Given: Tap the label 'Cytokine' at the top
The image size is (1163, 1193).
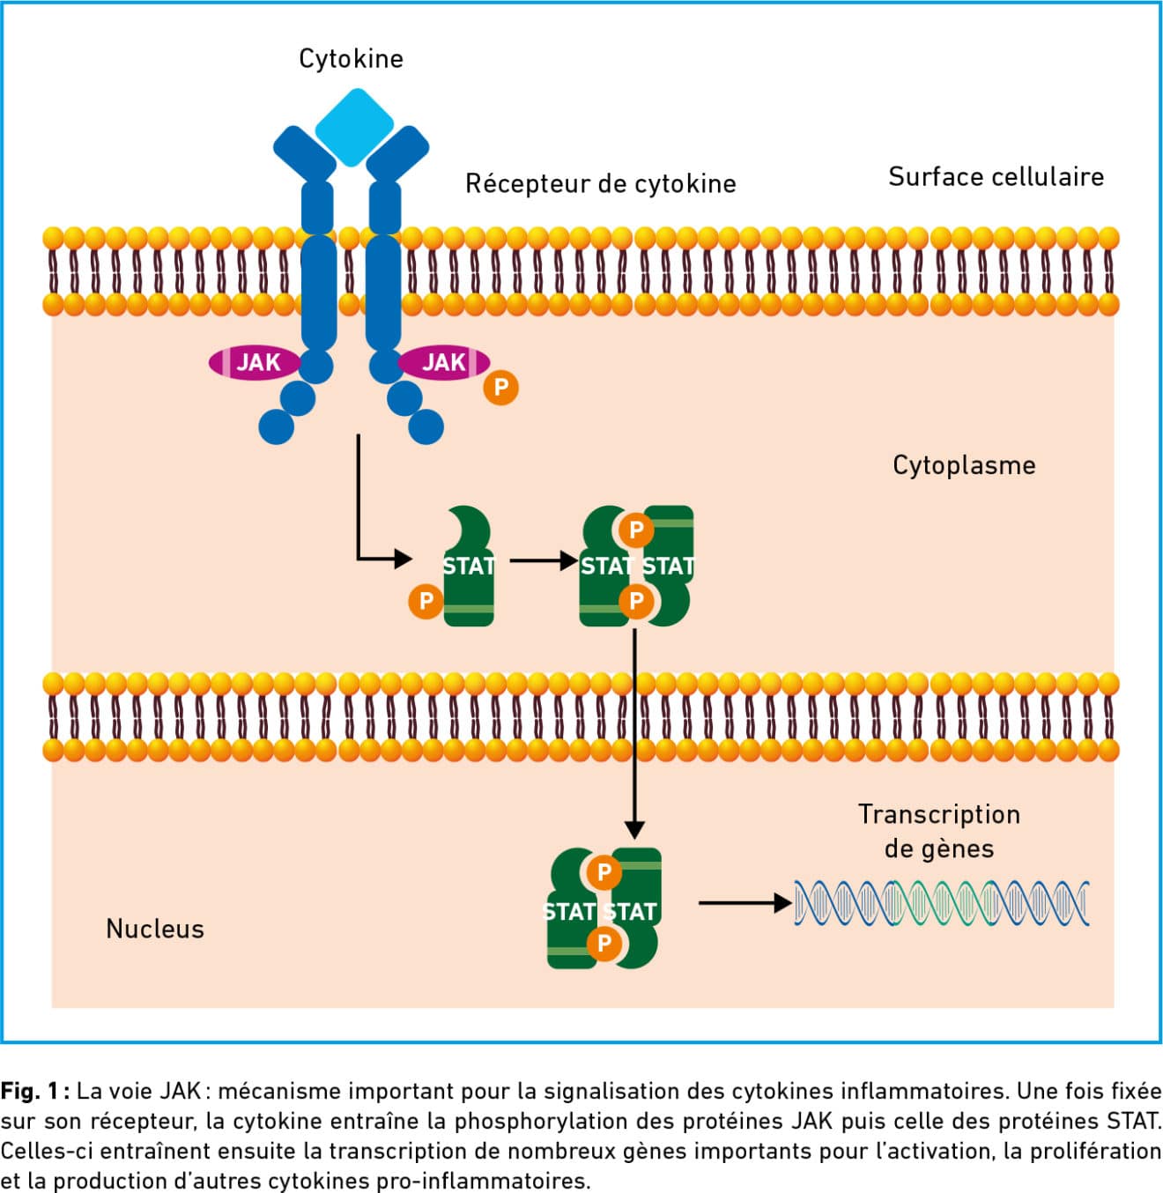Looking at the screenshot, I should coord(351,59).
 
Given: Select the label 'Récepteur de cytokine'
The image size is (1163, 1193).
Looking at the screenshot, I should coord(600,184).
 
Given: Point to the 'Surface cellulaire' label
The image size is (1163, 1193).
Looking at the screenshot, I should coord(996,177).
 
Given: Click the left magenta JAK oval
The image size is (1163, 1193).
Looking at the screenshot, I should coord(256,362).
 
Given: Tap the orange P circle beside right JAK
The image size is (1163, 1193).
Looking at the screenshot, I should coord(500,387).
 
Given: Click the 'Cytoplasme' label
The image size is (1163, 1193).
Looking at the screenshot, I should coord(964,465).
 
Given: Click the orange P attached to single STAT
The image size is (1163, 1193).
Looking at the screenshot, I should coord(426,601).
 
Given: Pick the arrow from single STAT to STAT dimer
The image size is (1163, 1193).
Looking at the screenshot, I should coord(543,560).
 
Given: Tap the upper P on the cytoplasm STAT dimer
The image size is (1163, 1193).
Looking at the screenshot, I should coord(635,530).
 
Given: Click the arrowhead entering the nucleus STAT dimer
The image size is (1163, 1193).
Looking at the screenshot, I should coord(634,829).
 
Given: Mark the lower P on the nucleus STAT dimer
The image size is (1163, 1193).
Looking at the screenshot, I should coord(604,943).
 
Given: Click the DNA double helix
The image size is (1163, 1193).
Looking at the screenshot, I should coord(941,903).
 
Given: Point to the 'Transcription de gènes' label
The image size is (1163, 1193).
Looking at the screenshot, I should coord(939,831).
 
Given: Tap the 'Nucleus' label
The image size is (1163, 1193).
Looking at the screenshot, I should coord(155,929).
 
